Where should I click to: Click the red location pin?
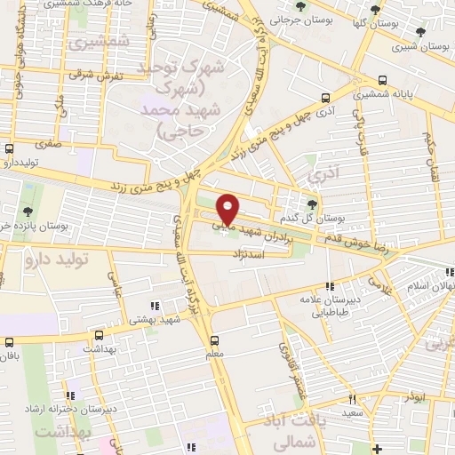[228, 208]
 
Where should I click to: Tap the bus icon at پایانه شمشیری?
[382, 79]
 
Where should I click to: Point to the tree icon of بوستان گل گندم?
[310, 201]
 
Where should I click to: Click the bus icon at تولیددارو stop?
[10, 148]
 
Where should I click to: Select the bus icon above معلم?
[213, 339]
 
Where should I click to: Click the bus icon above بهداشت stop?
[98, 336]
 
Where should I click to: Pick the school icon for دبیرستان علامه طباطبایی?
[330, 286]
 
